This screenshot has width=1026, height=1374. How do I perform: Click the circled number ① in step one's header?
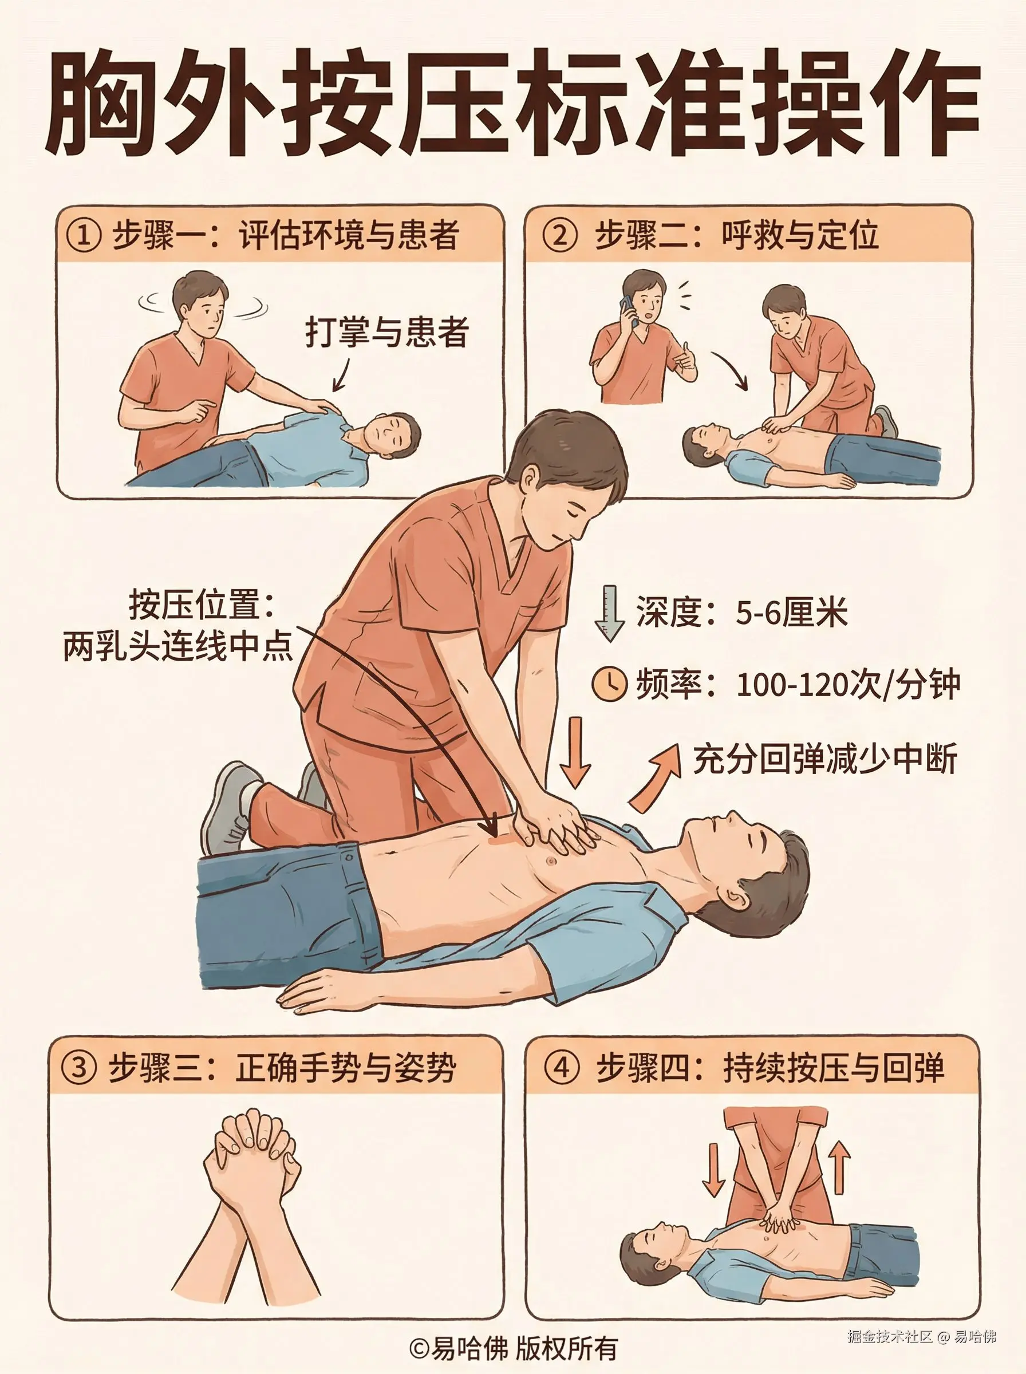coord(83,236)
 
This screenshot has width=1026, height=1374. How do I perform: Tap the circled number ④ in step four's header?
coord(561,1068)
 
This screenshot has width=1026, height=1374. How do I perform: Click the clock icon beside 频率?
coord(609,684)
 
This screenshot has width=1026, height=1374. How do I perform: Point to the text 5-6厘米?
coord(792,613)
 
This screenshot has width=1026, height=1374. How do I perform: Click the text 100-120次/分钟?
coord(849,685)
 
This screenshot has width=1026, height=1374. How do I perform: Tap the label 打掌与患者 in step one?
coord(386,332)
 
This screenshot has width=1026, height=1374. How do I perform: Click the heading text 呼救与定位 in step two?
coord(799,236)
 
